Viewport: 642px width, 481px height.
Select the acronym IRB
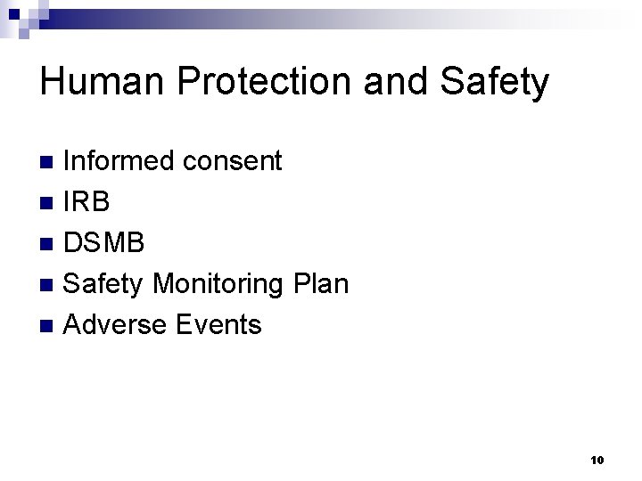click(x=88, y=202)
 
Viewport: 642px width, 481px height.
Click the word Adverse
click(x=117, y=325)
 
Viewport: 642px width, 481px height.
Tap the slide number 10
click(x=597, y=460)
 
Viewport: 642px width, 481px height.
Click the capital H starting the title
click(x=53, y=83)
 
